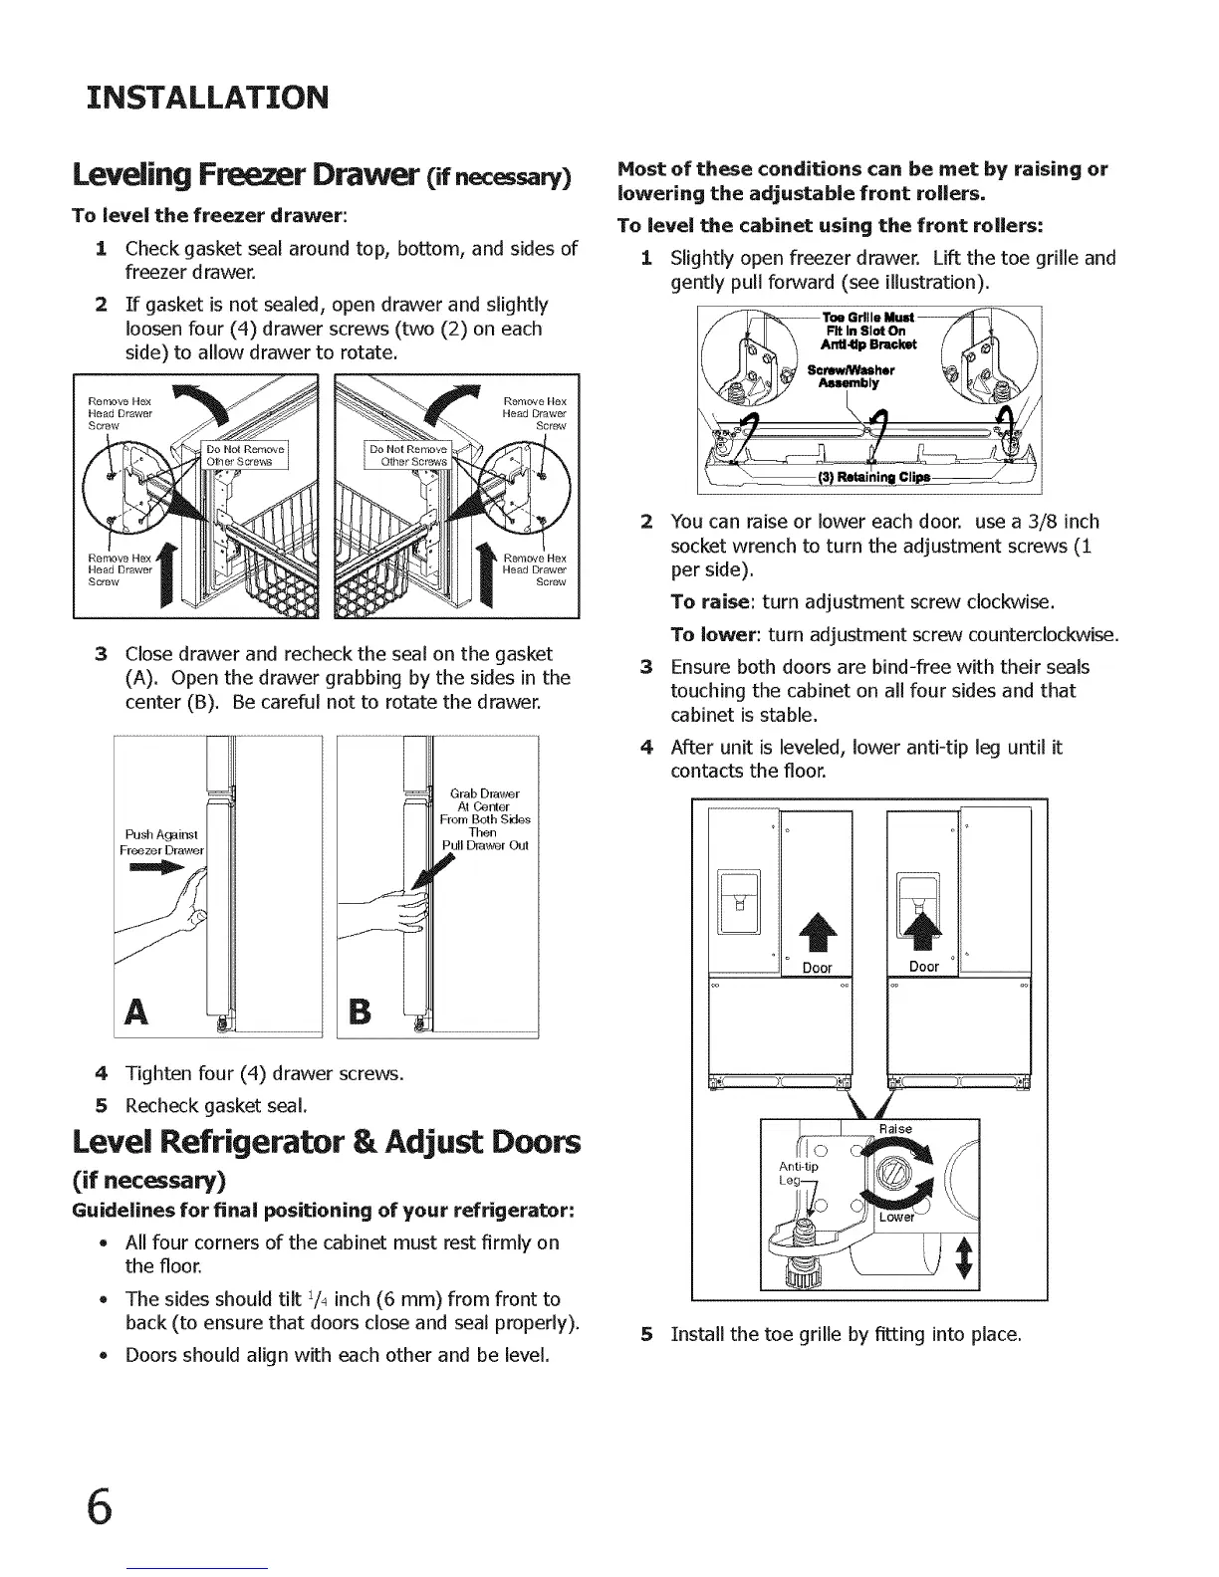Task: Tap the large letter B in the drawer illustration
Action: click(x=361, y=1012)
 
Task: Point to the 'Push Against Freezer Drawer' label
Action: click(x=161, y=842)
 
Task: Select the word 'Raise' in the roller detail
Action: click(x=894, y=1129)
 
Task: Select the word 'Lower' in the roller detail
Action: click(x=896, y=1217)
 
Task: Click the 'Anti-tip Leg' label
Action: click(x=798, y=1173)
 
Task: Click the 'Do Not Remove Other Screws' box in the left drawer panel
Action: click(x=245, y=455)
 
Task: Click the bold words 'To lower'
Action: click(x=713, y=635)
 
